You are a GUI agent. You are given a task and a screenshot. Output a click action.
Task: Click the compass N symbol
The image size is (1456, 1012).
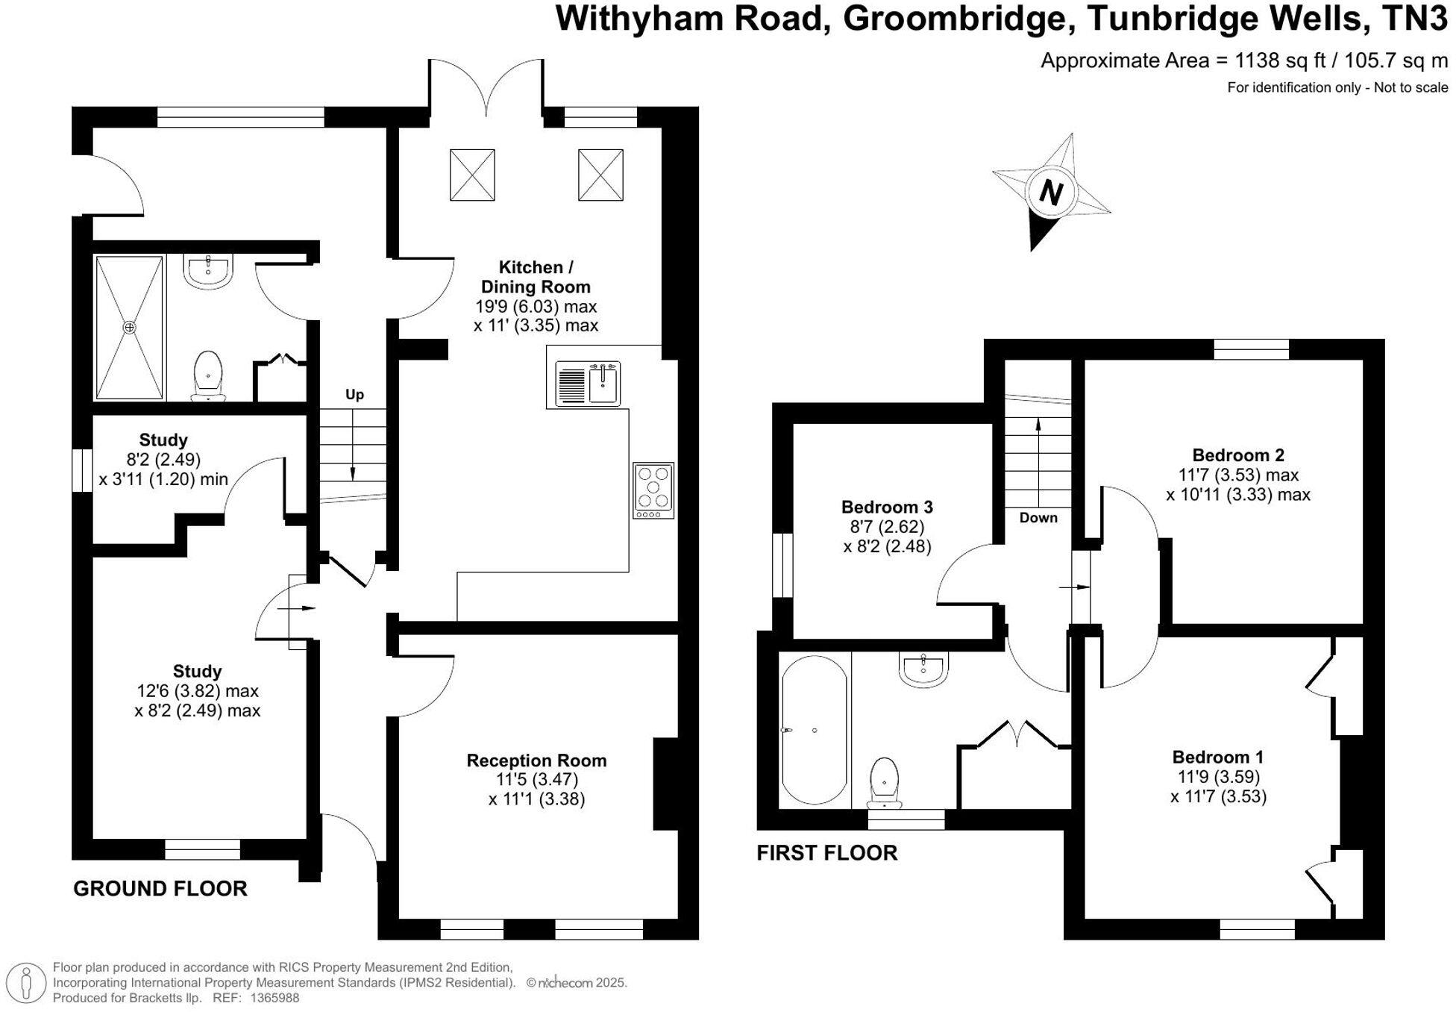tap(1050, 193)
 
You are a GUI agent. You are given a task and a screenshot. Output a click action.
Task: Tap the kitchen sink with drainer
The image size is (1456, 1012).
tap(587, 384)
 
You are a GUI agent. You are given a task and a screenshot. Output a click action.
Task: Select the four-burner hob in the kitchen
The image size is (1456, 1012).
tap(653, 490)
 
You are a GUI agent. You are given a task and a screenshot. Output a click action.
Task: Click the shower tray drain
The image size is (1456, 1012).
tap(130, 328)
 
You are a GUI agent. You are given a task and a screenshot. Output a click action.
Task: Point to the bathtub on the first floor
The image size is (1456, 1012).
tap(815, 729)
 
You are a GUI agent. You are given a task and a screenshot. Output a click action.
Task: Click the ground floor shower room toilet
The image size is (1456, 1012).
tap(208, 375)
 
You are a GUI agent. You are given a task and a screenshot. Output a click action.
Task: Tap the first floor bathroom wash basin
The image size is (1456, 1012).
tap(923, 667)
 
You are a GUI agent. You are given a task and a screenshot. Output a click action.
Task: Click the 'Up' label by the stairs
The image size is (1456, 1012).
tap(354, 395)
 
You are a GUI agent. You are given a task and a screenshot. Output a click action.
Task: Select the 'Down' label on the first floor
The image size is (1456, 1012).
tap(1038, 518)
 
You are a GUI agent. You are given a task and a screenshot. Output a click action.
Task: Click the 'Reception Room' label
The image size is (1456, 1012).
tap(536, 760)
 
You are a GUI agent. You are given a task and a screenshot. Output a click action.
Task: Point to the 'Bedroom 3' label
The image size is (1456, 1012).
tap(887, 507)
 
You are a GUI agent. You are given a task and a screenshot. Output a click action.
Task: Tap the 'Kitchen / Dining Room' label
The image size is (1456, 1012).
tap(536, 277)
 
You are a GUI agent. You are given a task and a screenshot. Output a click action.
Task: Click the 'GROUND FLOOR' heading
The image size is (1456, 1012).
tap(160, 889)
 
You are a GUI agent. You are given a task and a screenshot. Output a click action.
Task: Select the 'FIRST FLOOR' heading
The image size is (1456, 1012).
tap(827, 853)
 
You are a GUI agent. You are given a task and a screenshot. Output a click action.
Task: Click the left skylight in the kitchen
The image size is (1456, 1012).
tap(472, 175)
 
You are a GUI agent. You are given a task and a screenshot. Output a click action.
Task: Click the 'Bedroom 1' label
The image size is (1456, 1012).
tap(1217, 757)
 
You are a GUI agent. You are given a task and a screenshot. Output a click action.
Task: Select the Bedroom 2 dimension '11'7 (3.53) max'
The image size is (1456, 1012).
tap(1238, 475)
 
